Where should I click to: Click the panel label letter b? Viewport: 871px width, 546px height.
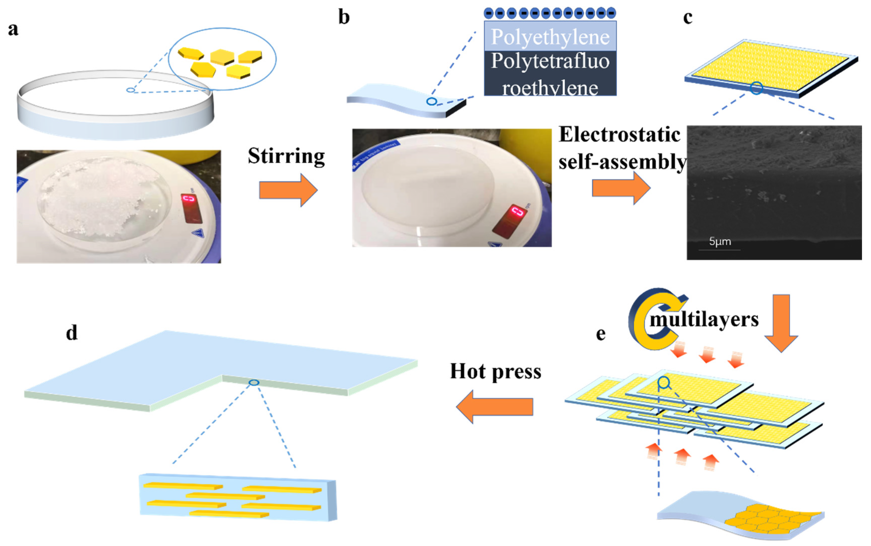(x=344, y=17)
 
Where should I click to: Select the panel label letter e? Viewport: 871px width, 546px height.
(x=601, y=334)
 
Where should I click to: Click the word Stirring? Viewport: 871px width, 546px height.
(x=286, y=156)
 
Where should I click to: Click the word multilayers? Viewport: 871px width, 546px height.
(x=704, y=319)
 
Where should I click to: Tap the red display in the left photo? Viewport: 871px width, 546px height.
(x=191, y=207)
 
